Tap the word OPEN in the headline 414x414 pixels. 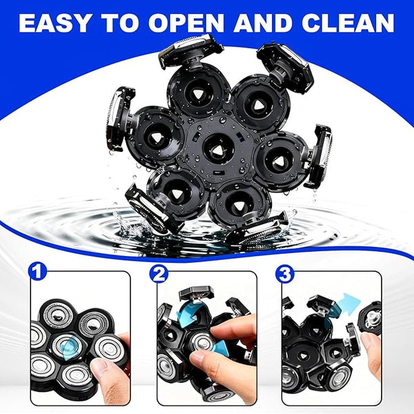pyautogui.click(x=186, y=23)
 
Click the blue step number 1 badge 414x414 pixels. pyautogui.click(x=37, y=272)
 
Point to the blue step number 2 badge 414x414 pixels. pyautogui.click(x=159, y=274)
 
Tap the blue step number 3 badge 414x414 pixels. pyautogui.click(x=284, y=274)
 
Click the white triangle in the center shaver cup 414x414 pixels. pyautogui.click(x=218, y=151)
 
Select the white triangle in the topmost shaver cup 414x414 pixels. pyautogui.click(x=197, y=93)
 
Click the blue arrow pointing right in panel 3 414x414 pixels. pyautogui.click(x=348, y=304)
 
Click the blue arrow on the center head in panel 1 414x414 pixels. pyautogui.click(x=69, y=348)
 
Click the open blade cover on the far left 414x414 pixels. pyautogui.click(x=119, y=118)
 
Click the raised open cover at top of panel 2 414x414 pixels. pyautogui.click(x=196, y=293)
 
